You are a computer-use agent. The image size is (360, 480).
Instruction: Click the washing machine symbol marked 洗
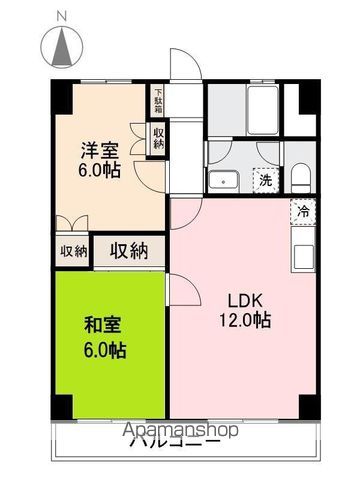click(265, 180)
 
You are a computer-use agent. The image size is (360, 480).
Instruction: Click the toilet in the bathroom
click(300, 178)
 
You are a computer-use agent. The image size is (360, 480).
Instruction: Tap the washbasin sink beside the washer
click(220, 181)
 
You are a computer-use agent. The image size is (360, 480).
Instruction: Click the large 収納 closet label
click(129, 250)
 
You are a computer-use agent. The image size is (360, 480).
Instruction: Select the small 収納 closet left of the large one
click(72, 251)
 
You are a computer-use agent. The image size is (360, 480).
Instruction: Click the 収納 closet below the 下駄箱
click(158, 137)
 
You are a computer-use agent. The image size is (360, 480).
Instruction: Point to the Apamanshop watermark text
click(180, 431)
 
